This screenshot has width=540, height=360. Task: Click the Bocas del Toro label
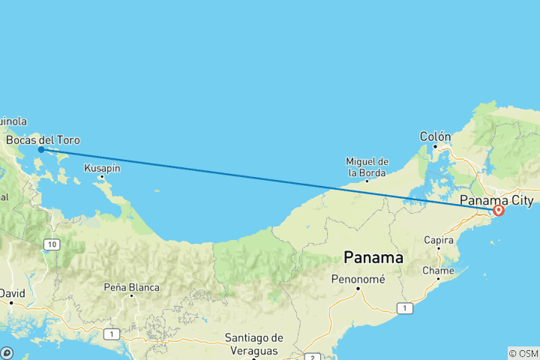(x=43, y=140)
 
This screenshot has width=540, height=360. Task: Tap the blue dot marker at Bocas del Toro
(x=41, y=149)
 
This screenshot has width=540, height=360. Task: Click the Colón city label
(x=435, y=136)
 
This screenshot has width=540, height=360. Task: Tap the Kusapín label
(x=102, y=168)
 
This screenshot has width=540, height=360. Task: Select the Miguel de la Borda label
(x=367, y=166)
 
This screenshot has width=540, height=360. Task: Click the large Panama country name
(x=373, y=257)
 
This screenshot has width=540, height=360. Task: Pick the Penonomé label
(x=358, y=279)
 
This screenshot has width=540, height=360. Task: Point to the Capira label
(x=438, y=241)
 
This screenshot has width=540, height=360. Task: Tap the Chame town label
(x=438, y=270)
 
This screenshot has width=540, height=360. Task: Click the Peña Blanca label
(x=132, y=287)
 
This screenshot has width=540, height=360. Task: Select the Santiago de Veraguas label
(x=253, y=344)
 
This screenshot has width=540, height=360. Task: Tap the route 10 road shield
(x=51, y=244)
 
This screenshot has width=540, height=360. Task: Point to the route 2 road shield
(x=310, y=356)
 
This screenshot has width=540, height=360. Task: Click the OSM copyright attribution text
(x=523, y=353)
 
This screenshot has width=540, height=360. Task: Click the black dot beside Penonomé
(x=358, y=288)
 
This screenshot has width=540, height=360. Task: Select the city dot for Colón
(x=434, y=146)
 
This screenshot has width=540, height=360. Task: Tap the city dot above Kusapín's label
(x=102, y=177)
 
